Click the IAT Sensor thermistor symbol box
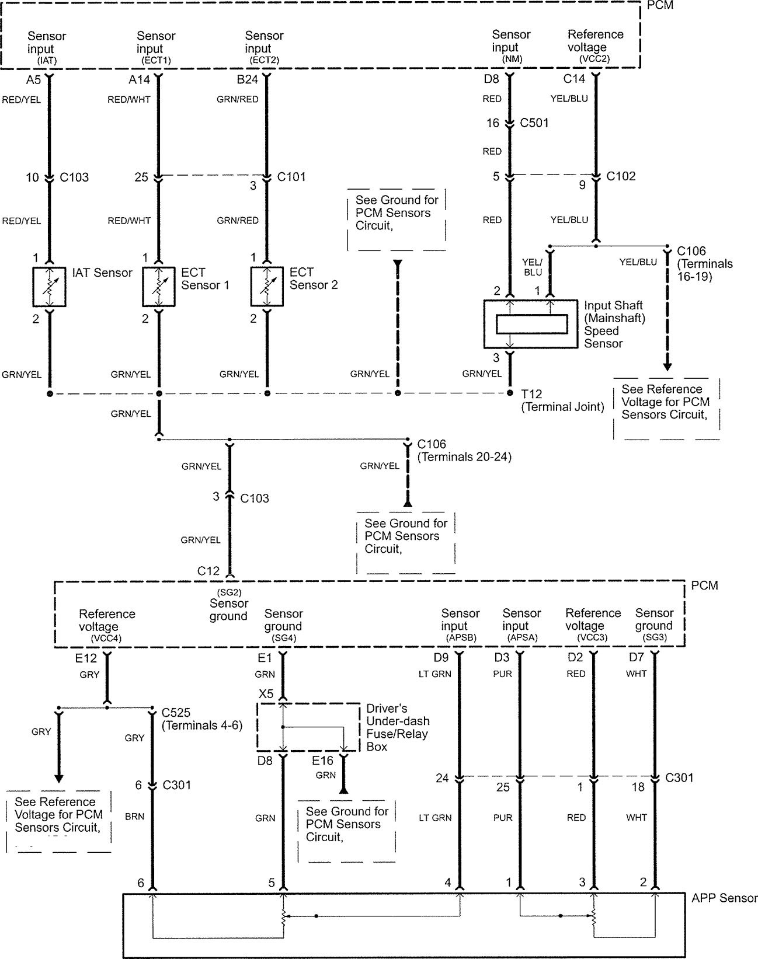50,287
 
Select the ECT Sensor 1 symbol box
159,287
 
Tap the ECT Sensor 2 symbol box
267,287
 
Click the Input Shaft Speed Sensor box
531,324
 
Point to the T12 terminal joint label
563,400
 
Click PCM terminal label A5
33,80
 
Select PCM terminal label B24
248,79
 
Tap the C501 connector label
534,123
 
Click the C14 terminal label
574,79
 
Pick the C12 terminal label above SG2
208,571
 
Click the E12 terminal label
86,658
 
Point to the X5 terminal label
266,694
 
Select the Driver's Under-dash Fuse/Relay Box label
398,727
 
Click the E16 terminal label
322,760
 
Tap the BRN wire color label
135,816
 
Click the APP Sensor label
724,898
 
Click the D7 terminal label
637,657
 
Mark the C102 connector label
621,176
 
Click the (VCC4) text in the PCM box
106,638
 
